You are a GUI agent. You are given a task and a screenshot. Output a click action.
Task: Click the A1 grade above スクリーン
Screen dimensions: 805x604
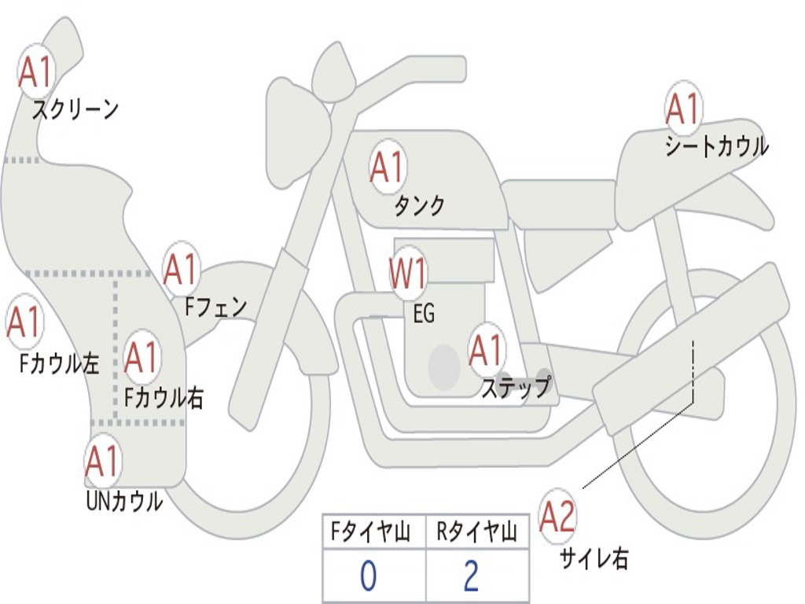click(x=35, y=72)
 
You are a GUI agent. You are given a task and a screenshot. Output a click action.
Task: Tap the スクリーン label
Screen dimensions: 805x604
click(x=75, y=109)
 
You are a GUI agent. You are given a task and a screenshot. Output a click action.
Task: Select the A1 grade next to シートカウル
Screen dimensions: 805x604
click(x=683, y=109)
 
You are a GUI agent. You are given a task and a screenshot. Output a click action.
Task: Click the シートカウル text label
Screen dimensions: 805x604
click(x=716, y=146)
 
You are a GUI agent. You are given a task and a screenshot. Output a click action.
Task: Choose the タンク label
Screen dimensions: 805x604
click(x=419, y=206)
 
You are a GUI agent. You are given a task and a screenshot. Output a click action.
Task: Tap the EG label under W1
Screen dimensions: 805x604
click(x=424, y=314)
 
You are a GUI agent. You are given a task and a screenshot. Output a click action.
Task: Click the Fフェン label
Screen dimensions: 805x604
click(x=215, y=307)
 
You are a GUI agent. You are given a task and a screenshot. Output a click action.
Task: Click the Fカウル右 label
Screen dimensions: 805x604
click(x=164, y=397)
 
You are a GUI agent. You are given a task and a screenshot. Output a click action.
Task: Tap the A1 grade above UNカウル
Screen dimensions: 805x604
click(x=102, y=462)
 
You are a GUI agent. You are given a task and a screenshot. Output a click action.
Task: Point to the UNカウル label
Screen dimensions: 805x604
click(x=124, y=500)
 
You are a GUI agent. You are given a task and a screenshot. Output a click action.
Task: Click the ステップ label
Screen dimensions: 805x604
click(x=515, y=388)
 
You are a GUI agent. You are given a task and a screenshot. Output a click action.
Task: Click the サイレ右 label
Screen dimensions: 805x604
click(x=594, y=558)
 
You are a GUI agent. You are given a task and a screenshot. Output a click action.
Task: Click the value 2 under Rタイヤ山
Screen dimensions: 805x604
click(x=472, y=577)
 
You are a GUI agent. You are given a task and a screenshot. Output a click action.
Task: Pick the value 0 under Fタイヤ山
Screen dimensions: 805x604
click(x=369, y=577)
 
